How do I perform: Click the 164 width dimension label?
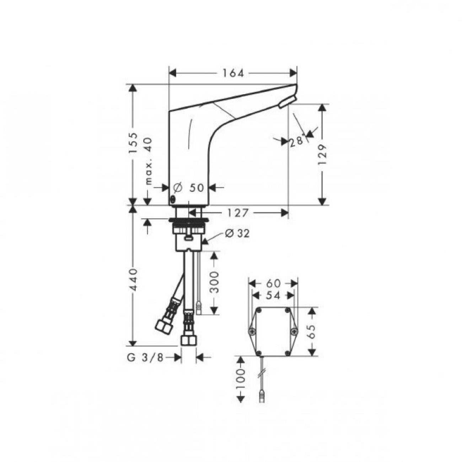coord(233,73)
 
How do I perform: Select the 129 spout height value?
coord(323,154)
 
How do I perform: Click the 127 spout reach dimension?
coord(237,213)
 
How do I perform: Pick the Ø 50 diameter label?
coord(188,188)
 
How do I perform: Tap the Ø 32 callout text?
coord(237,233)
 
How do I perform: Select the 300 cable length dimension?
coord(215,283)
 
